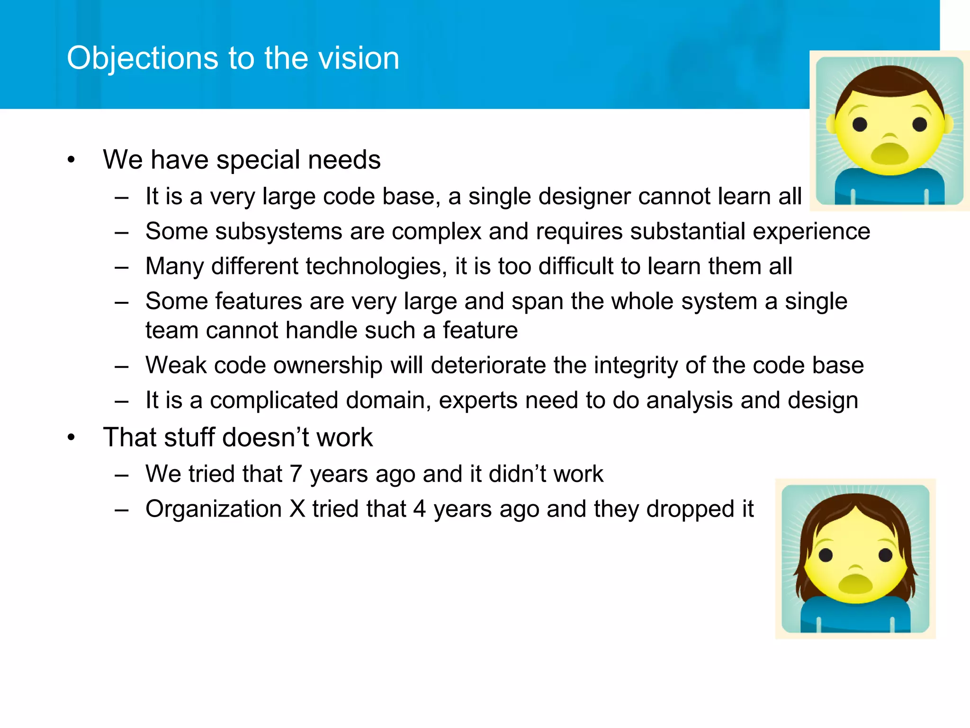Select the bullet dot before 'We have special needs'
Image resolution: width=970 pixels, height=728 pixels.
tap(71, 160)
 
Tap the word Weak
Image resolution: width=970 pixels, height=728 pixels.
tap(176, 365)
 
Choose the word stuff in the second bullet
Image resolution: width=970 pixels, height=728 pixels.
tap(189, 437)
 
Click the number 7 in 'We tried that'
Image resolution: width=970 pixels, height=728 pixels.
tap(296, 474)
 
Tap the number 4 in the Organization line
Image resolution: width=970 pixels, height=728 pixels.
tap(420, 509)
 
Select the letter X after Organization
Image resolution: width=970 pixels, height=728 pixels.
tap(297, 509)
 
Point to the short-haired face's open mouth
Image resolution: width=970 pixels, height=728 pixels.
tap(889, 154)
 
